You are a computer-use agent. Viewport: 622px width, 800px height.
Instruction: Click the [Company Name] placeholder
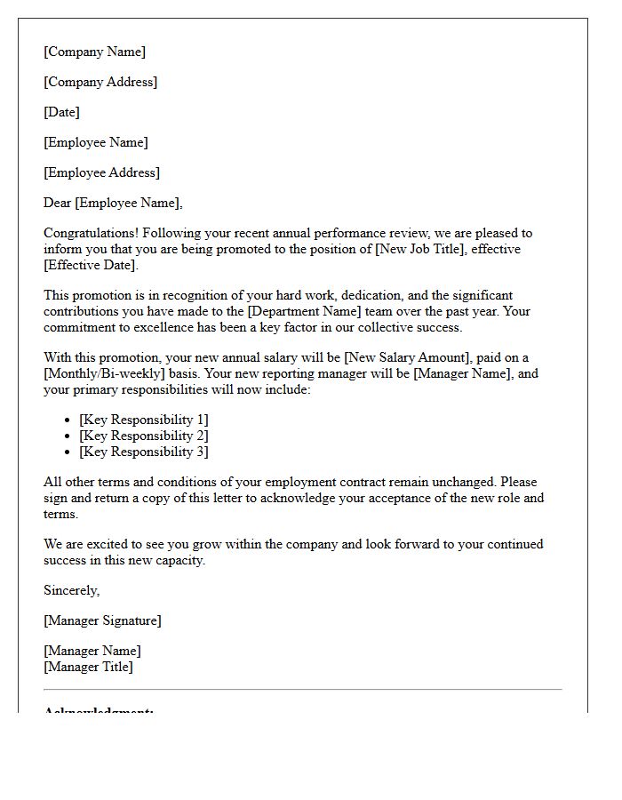click(x=94, y=52)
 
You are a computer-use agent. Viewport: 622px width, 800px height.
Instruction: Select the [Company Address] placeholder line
click(x=100, y=82)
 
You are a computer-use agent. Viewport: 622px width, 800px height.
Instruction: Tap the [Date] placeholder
click(x=61, y=112)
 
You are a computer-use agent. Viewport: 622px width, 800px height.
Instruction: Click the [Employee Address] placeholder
click(x=102, y=172)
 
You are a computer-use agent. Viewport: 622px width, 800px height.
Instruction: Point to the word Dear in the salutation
click(x=58, y=203)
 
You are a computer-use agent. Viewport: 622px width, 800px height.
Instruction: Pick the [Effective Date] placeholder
click(x=90, y=265)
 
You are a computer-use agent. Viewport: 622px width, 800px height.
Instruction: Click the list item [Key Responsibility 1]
click(x=144, y=420)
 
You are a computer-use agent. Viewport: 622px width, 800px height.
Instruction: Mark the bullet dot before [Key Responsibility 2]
click(x=68, y=436)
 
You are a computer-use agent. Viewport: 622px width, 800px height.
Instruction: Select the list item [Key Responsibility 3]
click(x=144, y=452)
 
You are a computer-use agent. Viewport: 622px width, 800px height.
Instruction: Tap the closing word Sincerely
click(x=71, y=590)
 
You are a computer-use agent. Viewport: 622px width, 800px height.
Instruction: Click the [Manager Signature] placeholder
click(x=102, y=620)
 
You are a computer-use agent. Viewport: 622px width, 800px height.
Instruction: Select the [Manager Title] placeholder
click(x=88, y=667)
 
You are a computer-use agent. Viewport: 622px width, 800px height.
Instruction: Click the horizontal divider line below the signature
click(x=302, y=689)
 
